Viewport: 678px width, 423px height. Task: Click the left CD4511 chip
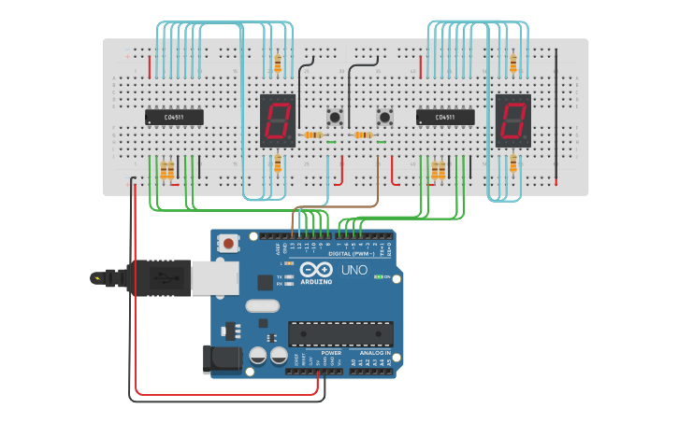click(174, 117)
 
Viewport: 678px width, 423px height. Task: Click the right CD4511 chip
click(445, 117)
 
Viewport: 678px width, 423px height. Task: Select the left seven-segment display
click(278, 120)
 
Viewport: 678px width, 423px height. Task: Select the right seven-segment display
click(512, 120)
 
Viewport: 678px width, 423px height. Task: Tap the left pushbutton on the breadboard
click(334, 117)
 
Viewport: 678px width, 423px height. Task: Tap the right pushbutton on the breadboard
click(385, 117)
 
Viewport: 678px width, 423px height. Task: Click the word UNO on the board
click(353, 270)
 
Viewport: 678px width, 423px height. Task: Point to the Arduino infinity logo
click(316, 269)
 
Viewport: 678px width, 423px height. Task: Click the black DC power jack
click(217, 360)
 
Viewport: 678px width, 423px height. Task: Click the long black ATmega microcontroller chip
click(340, 333)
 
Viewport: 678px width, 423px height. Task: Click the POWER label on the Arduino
click(331, 353)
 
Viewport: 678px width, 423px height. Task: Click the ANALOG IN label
click(375, 353)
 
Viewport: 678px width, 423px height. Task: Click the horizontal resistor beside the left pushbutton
click(313, 135)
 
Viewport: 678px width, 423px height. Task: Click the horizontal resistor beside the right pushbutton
click(364, 135)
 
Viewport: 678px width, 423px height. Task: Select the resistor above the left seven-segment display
click(278, 63)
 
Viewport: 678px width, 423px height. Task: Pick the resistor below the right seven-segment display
click(512, 165)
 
